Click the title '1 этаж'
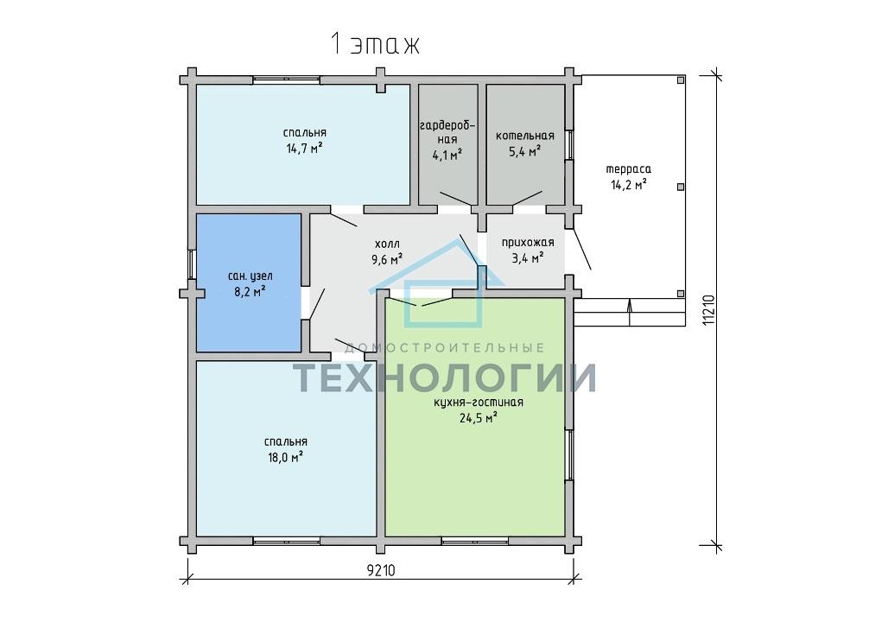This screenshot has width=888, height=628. pyautogui.click(x=374, y=44)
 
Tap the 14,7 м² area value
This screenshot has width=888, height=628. pyautogui.click(x=305, y=149)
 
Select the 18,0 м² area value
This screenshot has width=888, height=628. pyautogui.click(x=285, y=458)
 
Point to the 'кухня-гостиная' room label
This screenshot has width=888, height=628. pyautogui.click(x=479, y=403)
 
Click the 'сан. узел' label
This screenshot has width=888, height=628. pyautogui.click(x=250, y=276)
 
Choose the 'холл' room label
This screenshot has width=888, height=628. pyautogui.click(x=387, y=244)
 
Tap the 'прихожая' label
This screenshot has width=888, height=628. pyautogui.click(x=527, y=243)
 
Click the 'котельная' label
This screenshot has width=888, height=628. pyautogui.click(x=525, y=136)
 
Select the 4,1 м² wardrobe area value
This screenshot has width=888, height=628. pyautogui.click(x=447, y=155)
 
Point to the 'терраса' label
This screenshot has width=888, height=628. pyautogui.click(x=629, y=168)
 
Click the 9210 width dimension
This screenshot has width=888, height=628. pyautogui.click(x=381, y=571)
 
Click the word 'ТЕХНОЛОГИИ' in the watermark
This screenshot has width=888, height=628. pyautogui.click(x=444, y=377)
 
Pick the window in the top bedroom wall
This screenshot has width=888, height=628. pyautogui.click(x=287, y=80)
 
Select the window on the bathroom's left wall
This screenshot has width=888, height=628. pyautogui.click(x=192, y=263)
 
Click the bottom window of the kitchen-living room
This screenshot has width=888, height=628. pyautogui.click(x=475, y=541)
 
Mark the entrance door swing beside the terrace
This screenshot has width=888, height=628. pyautogui.click(x=582, y=249)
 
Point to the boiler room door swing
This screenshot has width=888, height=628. pyautogui.click(x=527, y=198)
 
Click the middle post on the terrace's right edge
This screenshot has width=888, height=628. pyautogui.click(x=681, y=187)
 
